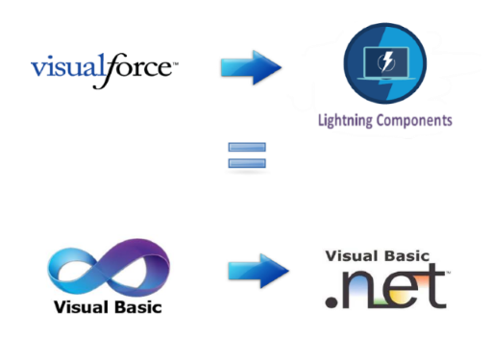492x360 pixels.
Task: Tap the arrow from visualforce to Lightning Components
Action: (250, 68)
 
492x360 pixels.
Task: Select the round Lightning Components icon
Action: (385, 67)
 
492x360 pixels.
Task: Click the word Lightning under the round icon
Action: (349, 122)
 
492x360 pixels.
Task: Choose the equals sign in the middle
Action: (246, 156)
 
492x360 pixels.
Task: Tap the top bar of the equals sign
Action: (246, 148)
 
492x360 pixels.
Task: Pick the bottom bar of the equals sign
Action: (246, 163)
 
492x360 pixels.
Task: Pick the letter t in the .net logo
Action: (433, 285)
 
